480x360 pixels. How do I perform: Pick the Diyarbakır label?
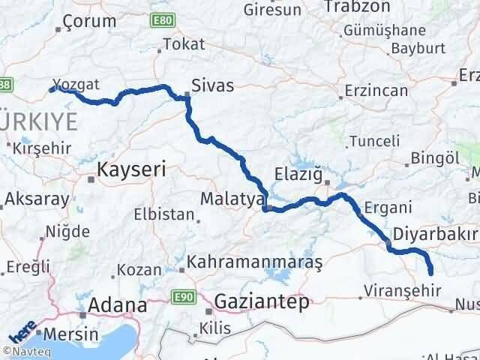pyautogui.click(x=435, y=233)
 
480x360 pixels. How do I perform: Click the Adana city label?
pyautogui.click(x=117, y=305)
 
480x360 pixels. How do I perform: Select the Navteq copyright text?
pyautogui.click(x=27, y=351)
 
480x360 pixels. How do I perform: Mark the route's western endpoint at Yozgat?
pyautogui.click(x=52, y=89)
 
